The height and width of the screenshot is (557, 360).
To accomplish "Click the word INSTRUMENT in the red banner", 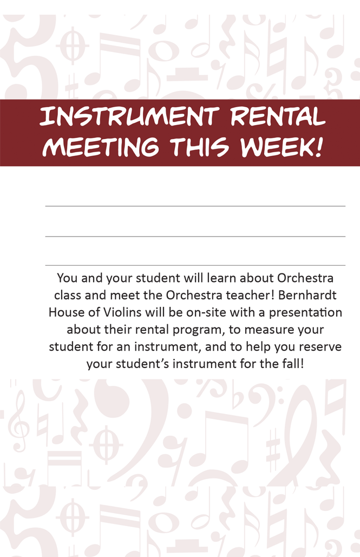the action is [x=129, y=116].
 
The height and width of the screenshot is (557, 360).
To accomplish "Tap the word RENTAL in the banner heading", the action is [x=278, y=116].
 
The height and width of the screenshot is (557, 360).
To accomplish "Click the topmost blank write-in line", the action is [x=195, y=206].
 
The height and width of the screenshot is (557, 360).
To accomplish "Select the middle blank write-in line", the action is [x=195, y=236].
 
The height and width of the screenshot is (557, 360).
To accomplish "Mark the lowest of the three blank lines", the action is [x=195, y=265].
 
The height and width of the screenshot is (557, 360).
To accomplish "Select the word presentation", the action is [x=305, y=313].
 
